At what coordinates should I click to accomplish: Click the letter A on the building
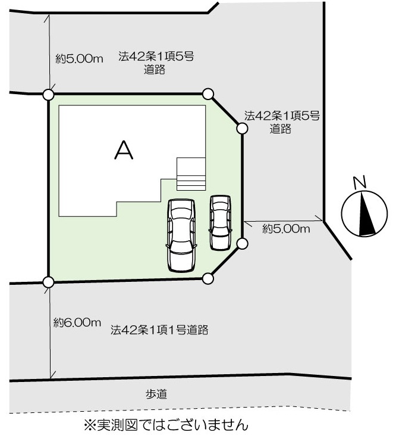(124, 150)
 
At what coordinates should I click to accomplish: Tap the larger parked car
(181, 235)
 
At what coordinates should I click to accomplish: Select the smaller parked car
(220, 222)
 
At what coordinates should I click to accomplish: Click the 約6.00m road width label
(77, 322)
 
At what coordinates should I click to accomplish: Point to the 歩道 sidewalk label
(156, 394)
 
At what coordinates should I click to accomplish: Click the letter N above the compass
(360, 182)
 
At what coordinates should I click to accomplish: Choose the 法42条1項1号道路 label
(159, 330)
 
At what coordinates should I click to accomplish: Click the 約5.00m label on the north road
(79, 59)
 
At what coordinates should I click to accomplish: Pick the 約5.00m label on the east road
(286, 229)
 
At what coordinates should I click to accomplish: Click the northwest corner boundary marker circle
(48, 95)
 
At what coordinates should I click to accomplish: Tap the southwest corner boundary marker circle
(48, 282)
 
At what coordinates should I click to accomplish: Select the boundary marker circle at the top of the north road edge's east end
(208, 94)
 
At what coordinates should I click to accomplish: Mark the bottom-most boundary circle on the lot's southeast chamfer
(208, 278)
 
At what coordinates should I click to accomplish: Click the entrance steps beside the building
(191, 174)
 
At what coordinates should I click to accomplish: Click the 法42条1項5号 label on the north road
(156, 57)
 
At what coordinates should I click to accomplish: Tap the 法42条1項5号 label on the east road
(282, 116)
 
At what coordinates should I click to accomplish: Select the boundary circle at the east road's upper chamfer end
(242, 129)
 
